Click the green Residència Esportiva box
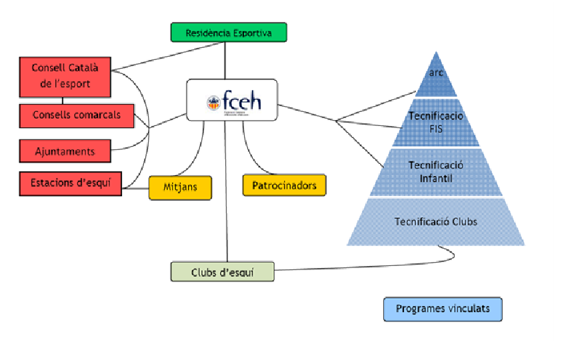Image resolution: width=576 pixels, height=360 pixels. click(x=228, y=32)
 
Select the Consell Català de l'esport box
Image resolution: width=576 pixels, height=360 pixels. click(x=65, y=76)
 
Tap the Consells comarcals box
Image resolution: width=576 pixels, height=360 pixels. click(x=77, y=115)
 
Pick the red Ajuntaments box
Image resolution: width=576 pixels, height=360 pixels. click(x=65, y=151)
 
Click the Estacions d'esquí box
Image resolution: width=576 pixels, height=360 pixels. click(x=70, y=183)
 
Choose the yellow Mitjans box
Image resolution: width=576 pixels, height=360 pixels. click(x=180, y=187)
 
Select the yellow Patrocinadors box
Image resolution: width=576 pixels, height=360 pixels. click(x=284, y=185)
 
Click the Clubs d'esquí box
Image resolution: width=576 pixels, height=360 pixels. click(x=222, y=272)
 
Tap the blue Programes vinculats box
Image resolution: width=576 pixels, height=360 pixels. click(x=442, y=309)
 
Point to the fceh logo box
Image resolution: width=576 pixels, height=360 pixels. click(x=231, y=101)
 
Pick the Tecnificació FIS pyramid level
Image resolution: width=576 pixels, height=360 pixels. click(x=436, y=123)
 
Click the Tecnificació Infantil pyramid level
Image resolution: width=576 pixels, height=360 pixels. click(x=436, y=172)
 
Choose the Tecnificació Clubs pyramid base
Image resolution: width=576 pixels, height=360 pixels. click(x=436, y=221)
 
